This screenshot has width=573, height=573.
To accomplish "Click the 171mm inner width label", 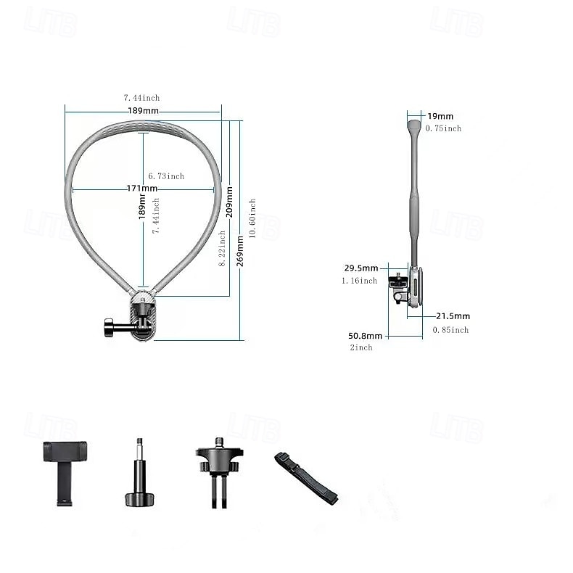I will click(142, 189).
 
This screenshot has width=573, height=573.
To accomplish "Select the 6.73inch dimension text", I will click(166, 176).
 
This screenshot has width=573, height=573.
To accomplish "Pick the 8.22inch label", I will click(222, 249).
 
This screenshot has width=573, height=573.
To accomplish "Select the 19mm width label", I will click(440, 116).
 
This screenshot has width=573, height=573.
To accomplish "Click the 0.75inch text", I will click(443, 128).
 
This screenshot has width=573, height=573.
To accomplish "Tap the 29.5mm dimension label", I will click(360, 268).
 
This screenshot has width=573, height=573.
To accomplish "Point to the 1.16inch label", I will click(359, 281).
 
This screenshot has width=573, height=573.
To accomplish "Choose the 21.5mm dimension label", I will click(453, 316).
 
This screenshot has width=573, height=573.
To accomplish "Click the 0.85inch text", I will click(450, 330).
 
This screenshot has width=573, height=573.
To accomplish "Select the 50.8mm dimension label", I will click(365, 336).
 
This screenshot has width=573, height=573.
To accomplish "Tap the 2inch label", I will click(360, 348).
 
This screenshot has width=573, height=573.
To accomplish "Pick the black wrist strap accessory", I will click(305, 477).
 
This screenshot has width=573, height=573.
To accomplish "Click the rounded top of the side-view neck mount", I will click(414, 127).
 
